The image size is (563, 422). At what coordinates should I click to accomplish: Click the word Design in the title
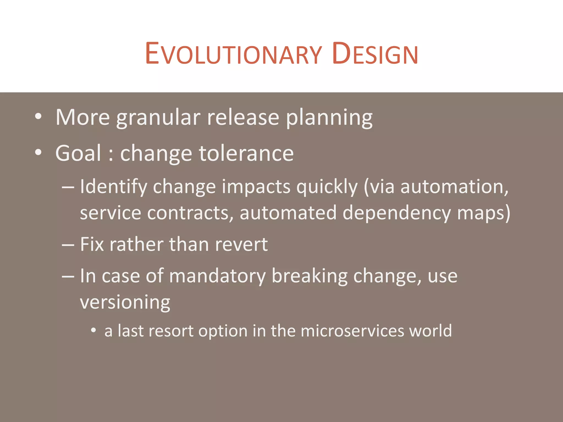[375, 54]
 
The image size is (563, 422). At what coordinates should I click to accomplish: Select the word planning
[329, 118]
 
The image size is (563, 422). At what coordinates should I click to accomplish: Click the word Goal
[78, 153]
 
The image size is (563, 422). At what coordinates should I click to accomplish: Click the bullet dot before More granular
[38, 116]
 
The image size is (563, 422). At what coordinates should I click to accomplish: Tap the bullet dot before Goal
[38, 152]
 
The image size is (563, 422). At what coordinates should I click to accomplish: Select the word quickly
[327, 187]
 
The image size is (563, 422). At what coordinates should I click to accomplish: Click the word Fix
[92, 244]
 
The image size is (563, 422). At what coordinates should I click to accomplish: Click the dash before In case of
[68, 276]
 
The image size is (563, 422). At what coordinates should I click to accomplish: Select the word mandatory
[217, 276]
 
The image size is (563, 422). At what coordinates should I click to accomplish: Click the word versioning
[125, 302]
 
